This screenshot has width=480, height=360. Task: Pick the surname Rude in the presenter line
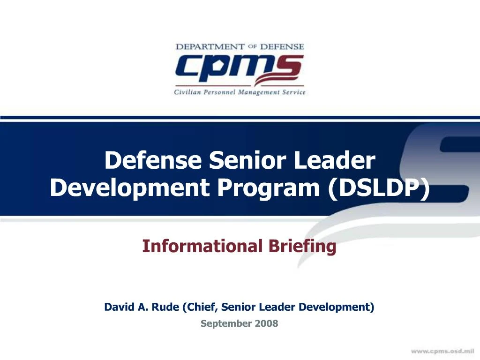pos(165,307)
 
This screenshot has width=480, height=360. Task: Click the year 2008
pos(267,323)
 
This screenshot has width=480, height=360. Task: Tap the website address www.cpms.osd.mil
pos(443,351)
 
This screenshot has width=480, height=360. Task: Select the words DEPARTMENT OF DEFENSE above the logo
pos(240,47)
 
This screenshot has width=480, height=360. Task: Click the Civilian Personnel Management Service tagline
pos(240,92)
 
